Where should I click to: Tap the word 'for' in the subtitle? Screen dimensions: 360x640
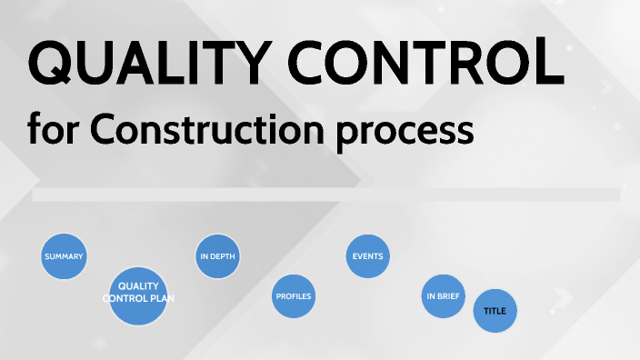click(53, 130)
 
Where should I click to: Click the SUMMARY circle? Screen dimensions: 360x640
click(64, 256)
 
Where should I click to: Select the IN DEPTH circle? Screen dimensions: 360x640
click(218, 256)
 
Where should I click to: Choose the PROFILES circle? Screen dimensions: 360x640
click(294, 296)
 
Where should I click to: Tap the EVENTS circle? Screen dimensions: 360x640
click(368, 256)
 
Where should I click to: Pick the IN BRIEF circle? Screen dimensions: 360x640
click(444, 296)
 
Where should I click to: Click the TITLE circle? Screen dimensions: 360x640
click(495, 311)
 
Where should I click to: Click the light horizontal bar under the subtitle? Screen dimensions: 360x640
click(325, 195)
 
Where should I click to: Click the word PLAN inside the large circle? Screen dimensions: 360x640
click(165, 297)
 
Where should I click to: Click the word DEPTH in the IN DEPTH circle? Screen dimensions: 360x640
click(224, 256)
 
